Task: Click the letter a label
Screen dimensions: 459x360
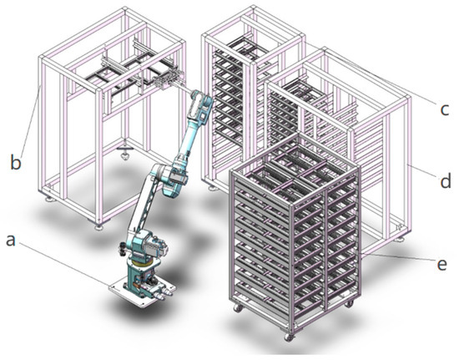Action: click(11, 241)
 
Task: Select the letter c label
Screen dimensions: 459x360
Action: click(444, 109)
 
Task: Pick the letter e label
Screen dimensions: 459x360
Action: click(441, 264)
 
